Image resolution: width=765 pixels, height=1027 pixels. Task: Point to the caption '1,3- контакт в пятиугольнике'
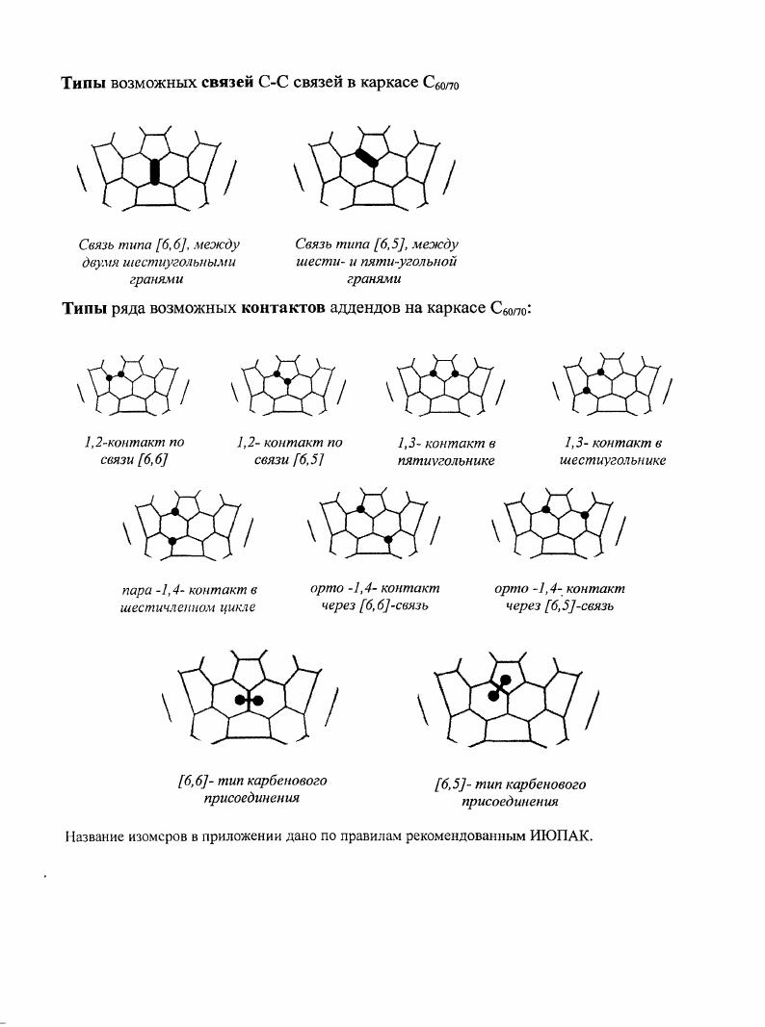[x=446, y=452]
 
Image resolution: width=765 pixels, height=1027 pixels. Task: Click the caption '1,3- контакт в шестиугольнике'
[x=613, y=451]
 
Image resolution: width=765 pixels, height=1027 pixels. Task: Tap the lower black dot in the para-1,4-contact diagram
[x=171, y=542]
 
